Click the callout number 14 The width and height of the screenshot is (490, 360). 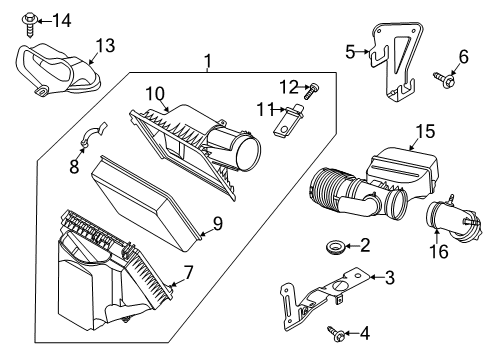tap(62, 19)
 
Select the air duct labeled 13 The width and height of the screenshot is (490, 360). tap(56, 71)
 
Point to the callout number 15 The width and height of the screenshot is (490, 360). tap(427, 131)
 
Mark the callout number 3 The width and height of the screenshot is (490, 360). tap(390, 277)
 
